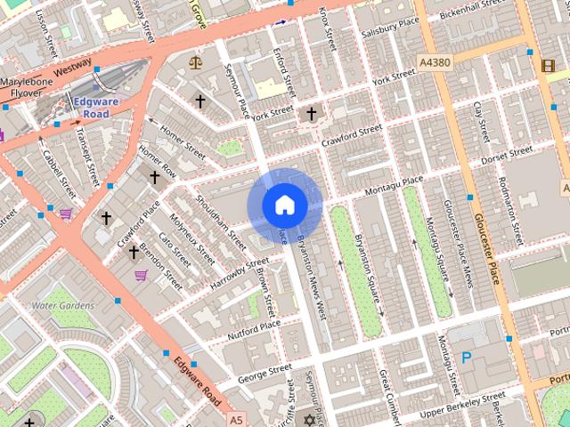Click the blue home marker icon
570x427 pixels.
click(x=285, y=205)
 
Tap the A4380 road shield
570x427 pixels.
click(x=434, y=62)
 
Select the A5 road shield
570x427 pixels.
click(x=235, y=419)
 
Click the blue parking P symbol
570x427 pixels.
click(x=467, y=359)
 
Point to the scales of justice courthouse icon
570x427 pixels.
click(x=195, y=62)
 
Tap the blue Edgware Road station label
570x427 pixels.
click(x=91, y=108)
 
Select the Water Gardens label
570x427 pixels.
click(x=62, y=305)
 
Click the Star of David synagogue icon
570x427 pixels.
click(x=310, y=419)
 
